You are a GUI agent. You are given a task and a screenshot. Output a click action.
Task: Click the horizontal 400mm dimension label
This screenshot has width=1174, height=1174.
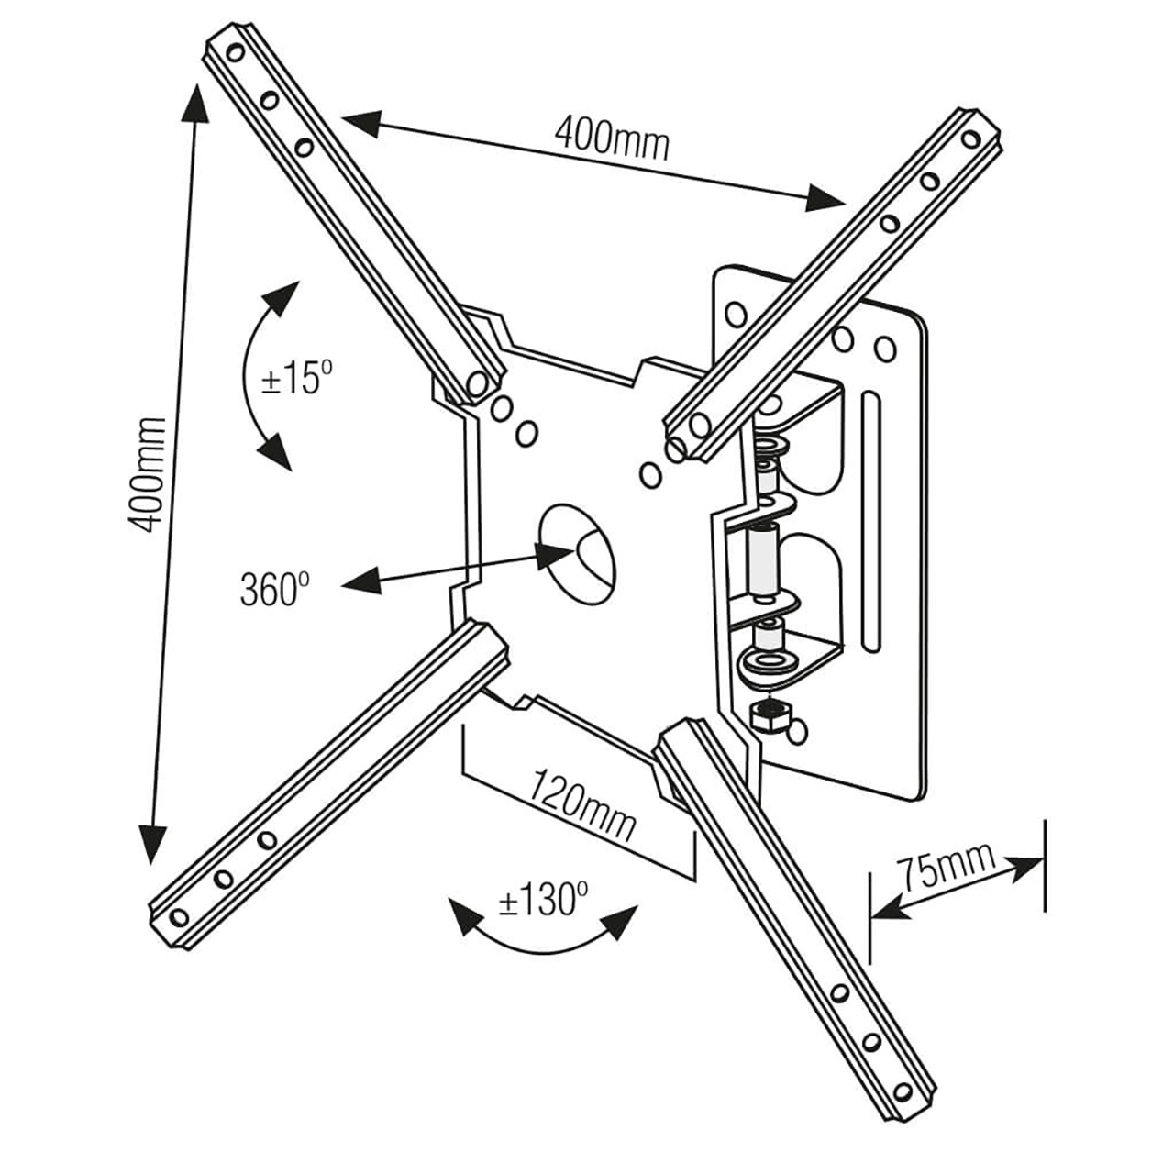pos(612,138)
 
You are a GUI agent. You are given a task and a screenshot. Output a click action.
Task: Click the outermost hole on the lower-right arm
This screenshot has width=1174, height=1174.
pos(903,1091)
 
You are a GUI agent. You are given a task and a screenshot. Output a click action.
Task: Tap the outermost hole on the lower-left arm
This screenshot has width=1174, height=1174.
pos(180,916)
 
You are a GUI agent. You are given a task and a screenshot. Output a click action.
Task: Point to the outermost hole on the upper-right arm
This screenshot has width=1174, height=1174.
pos(970,138)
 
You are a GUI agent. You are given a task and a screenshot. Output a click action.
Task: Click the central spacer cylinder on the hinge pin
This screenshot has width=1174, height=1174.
pos(762,558)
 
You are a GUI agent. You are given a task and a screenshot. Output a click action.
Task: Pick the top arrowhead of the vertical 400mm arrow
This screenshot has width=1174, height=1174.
pos(194,103)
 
